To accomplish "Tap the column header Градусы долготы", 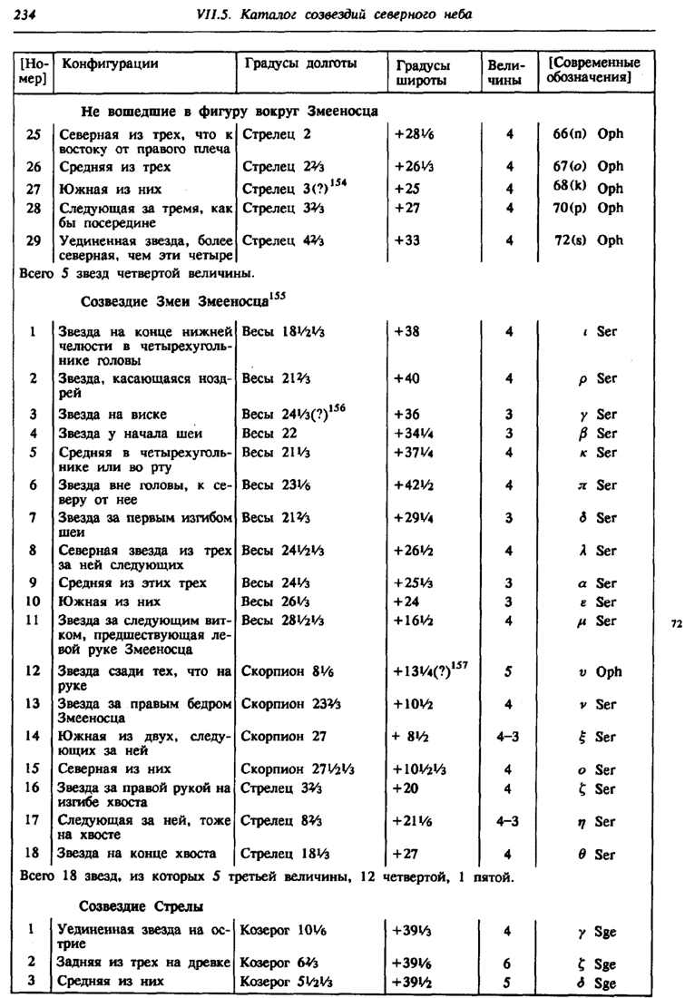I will click(x=300, y=64).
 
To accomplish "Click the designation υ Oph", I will click(x=596, y=672).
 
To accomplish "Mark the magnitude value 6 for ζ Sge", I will click(x=510, y=962).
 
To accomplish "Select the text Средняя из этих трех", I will click(x=132, y=583).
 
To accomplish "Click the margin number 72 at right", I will click(x=675, y=625).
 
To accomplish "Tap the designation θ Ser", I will click(x=596, y=854).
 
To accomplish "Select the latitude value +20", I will click(x=407, y=788).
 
